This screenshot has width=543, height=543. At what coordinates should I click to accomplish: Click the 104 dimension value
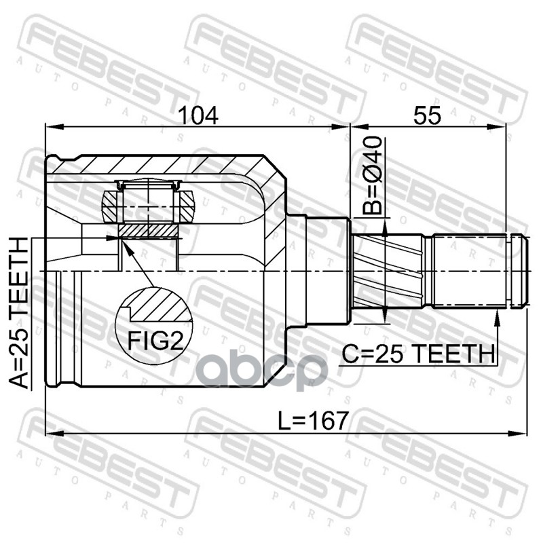pyautogui.click(x=198, y=115)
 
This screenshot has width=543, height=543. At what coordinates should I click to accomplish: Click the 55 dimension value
pyautogui.click(x=427, y=115)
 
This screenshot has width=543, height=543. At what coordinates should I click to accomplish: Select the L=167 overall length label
pyautogui.click(x=313, y=420)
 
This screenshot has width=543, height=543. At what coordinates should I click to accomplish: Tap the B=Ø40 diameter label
pyautogui.click(x=372, y=176)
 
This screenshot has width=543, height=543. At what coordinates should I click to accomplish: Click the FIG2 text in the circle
pyautogui.click(x=155, y=341)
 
